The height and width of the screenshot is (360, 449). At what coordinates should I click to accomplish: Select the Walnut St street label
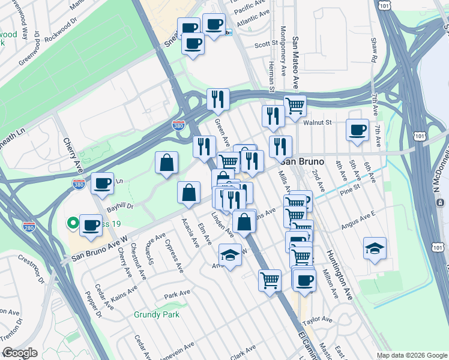(x=318, y=122)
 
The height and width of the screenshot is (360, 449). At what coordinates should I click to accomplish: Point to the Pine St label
(x=348, y=187)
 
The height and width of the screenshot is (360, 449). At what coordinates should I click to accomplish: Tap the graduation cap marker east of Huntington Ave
(x=375, y=249)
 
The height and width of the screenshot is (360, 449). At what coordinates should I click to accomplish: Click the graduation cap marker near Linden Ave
(x=230, y=256)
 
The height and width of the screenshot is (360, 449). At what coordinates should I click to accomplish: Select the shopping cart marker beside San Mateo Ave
(x=294, y=106)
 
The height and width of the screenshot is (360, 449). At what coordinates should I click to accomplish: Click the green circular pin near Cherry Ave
(x=73, y=224)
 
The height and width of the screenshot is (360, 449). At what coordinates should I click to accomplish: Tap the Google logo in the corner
(x=19, y=353)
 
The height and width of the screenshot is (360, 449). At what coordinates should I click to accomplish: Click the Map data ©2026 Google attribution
(x=412, y=355)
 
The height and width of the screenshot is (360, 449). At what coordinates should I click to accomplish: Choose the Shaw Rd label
(x=373, y=51)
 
